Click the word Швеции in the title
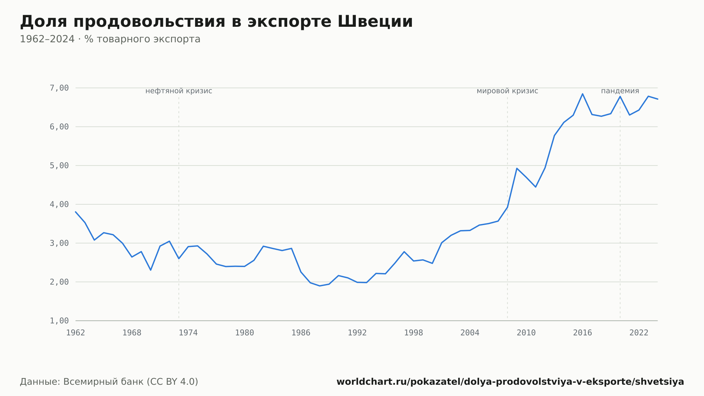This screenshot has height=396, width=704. click(375, 21)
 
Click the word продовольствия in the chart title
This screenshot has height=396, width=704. click(149, 22)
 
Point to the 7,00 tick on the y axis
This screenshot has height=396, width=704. click(59, 88)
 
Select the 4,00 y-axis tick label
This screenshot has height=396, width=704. click(59, 204)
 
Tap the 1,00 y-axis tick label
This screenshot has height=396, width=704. click(59, 321)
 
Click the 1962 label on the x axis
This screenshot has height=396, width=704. click(76, 333)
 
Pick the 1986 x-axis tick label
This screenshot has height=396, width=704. click(301, 333)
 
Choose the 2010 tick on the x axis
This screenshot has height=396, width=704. click(526, 333)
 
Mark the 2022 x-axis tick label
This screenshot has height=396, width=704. click(639, 333)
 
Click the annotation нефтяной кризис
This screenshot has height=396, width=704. click(179, 91)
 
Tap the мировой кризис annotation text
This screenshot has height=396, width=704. click(507, 91)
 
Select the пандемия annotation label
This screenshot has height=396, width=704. click(620, 91)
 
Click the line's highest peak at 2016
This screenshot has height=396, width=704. click(583, 94)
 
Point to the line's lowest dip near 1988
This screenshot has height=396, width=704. click(320, 286)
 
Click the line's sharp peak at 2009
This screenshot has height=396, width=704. click(517, 168)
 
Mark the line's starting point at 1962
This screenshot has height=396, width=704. click(76, 212)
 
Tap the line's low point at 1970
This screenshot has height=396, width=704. click(151, 270)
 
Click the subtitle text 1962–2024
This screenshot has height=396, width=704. click(47, 39)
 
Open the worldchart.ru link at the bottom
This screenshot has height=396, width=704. click(510, 382)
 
